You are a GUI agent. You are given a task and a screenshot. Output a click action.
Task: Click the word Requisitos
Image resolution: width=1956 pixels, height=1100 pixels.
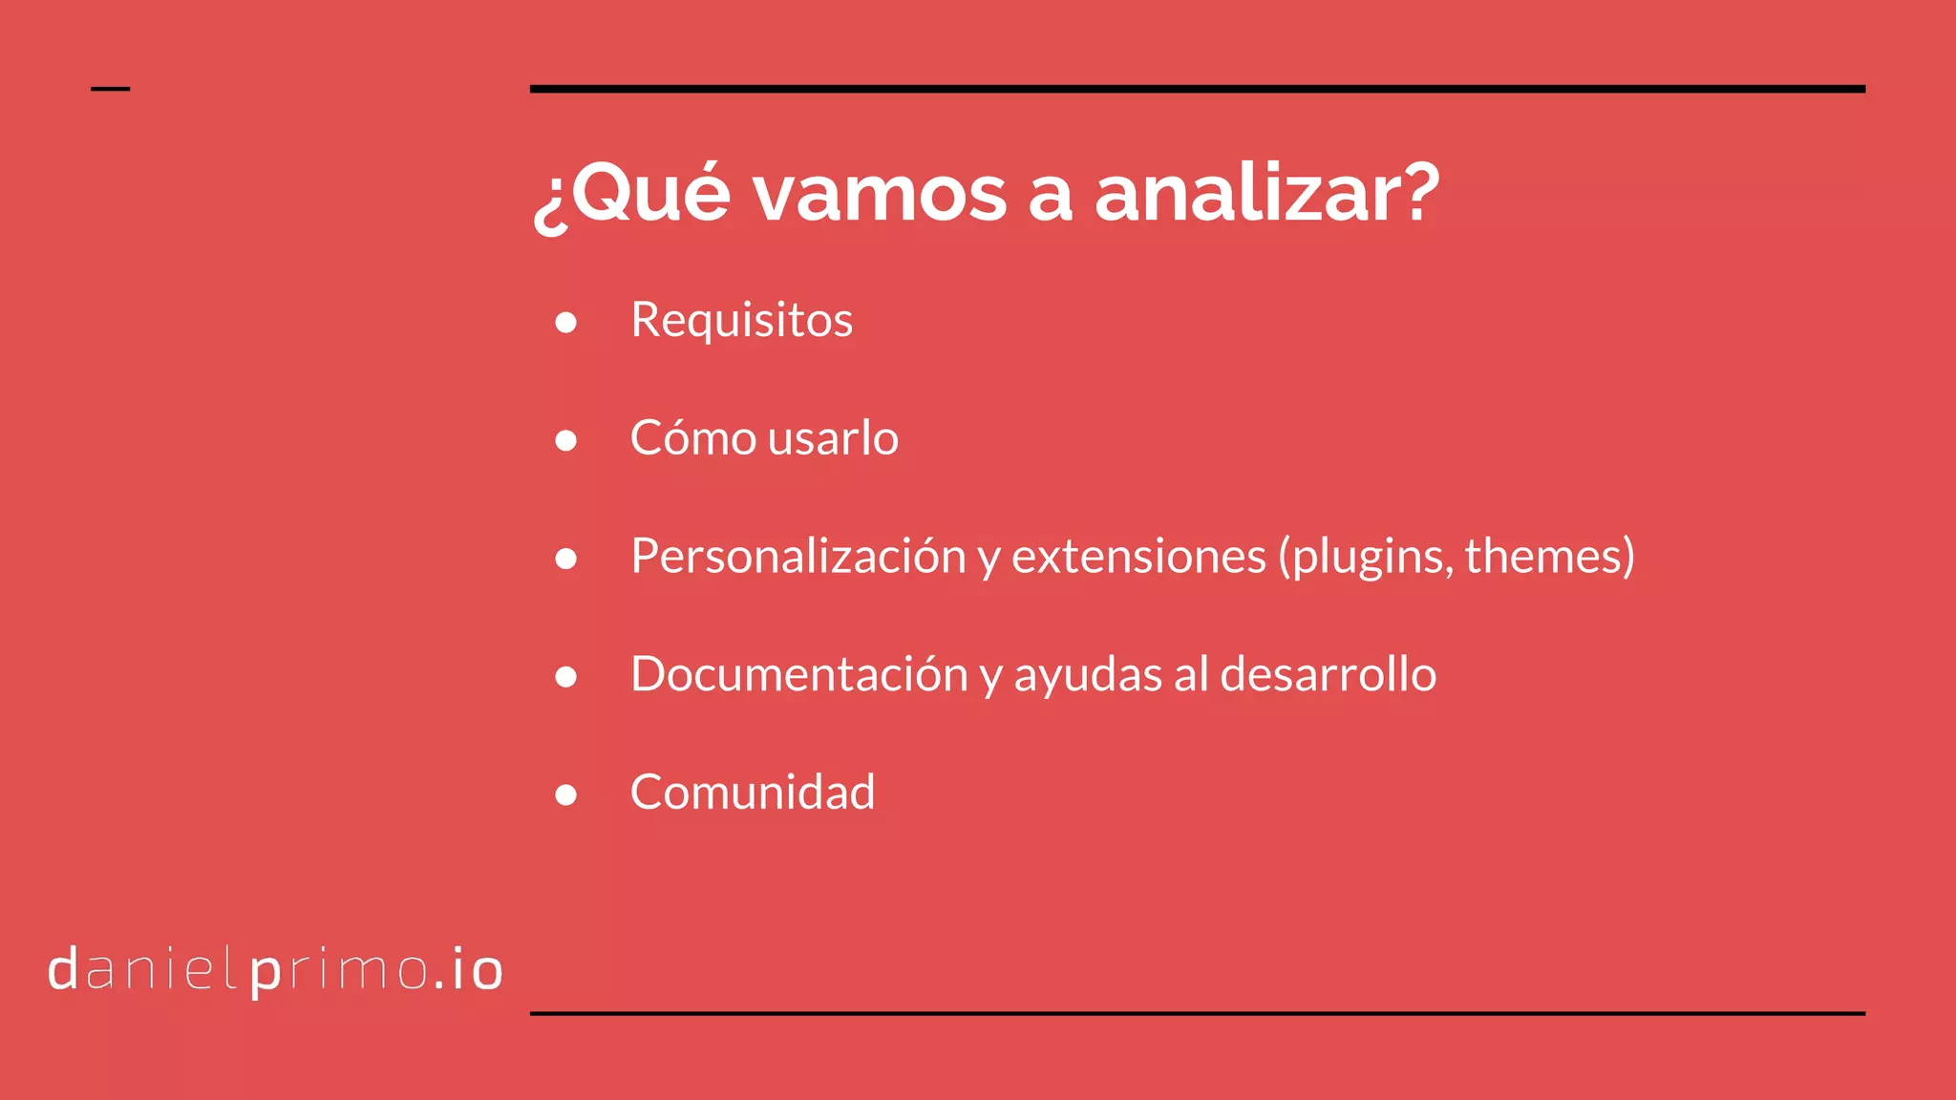point(741,320)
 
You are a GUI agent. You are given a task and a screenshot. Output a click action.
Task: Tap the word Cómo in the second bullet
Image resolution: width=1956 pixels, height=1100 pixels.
point(693,438)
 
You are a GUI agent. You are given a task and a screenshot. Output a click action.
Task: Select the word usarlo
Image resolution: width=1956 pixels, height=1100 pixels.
point(833,438)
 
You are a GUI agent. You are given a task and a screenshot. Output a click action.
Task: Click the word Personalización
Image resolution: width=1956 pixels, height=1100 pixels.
point(798,557)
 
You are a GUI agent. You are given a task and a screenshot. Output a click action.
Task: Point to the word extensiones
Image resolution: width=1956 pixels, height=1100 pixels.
point(1138,557)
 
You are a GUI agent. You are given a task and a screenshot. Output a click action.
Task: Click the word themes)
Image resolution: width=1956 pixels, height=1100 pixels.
point(1549,557)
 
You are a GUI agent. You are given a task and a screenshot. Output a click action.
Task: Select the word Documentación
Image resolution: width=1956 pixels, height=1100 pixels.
point(799,674)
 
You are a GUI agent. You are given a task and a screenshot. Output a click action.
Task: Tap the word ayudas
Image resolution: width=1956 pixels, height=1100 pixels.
point(1088,676)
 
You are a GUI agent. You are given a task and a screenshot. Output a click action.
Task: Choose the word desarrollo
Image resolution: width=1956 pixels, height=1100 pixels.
point(1328,674)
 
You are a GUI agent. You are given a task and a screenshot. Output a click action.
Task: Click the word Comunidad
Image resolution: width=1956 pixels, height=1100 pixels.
point(753,793)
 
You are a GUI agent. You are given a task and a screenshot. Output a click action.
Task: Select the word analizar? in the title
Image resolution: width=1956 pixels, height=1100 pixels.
point(1266,195)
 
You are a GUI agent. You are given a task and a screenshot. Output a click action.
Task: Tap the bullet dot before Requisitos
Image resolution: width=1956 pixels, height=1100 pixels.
point(566,322)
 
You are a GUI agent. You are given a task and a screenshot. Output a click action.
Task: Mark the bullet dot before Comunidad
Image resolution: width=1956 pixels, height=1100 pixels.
point(566,794)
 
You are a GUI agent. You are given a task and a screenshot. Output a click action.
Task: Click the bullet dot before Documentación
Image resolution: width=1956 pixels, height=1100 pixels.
point(566,677)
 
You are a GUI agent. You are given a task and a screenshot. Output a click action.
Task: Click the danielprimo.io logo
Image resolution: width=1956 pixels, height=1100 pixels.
point(275,970)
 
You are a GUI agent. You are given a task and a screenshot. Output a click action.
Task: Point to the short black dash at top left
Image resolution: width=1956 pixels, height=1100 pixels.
point(110,89)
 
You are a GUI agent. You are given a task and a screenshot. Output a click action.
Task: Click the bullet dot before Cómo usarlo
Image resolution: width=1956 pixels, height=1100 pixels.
point(566,440)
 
